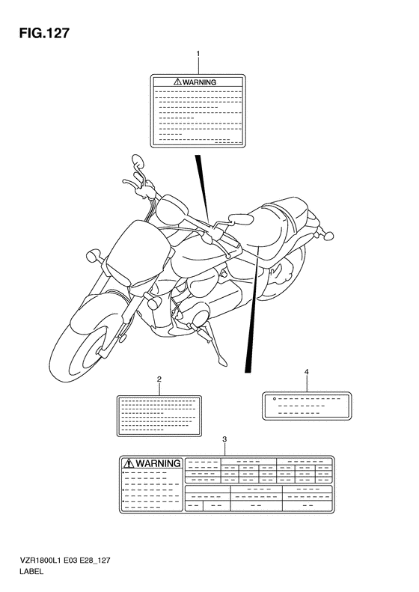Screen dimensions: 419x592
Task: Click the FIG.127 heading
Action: point(44,33)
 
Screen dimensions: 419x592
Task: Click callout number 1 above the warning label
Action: point(198,54)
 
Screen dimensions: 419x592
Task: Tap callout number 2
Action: point(159,379)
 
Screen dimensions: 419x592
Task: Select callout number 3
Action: point(224,439)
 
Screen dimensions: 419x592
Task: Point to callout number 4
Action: point(307,372)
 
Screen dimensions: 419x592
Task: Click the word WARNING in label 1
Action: point(199,82)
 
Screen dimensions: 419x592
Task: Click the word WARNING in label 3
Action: point(158,463)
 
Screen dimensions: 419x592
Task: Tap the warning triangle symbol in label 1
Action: point(178,82)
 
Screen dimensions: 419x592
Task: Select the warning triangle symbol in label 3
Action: point(129,463)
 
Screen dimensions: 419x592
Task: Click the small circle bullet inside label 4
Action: point(275,399)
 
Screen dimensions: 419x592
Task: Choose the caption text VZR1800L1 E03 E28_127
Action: point(64,561)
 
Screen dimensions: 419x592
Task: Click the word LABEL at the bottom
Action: point(31,571)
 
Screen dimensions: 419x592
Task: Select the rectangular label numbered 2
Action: point(159,416)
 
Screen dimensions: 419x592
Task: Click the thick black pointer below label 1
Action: point(202,188)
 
